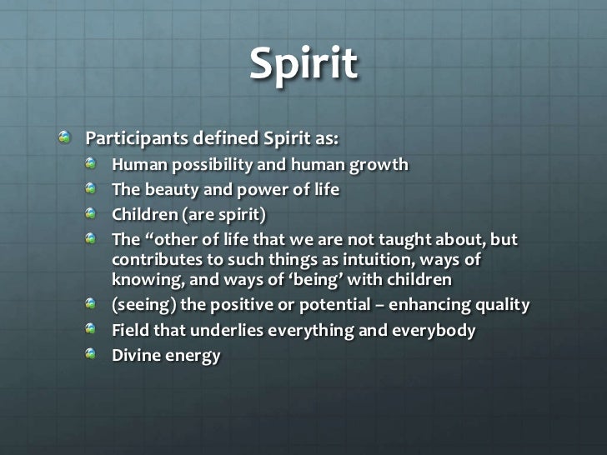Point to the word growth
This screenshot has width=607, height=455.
click(379, 164)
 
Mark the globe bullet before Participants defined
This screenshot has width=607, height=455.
click(65, 136)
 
